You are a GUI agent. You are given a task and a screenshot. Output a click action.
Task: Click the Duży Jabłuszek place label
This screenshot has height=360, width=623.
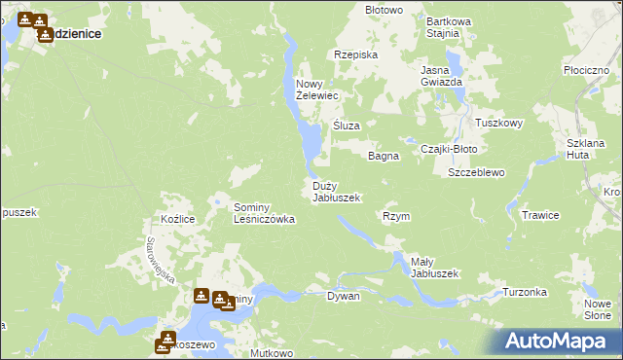click(x=337, y=192)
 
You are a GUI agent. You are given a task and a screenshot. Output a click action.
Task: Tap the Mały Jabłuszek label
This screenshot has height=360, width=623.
click(x=434, y=268)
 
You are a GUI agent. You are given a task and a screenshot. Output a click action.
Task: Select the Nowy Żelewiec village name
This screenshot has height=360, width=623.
click(x=316, y=90)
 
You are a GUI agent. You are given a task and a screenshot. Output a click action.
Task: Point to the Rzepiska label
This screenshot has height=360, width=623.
click(x=355, y=55)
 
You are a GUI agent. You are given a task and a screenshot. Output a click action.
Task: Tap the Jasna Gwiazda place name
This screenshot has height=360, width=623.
click(x=441, y=76)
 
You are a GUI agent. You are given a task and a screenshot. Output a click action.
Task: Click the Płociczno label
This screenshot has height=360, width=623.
click(x=586, y=72)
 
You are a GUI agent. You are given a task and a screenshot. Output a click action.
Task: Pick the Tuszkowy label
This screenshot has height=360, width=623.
click(x=499, y=124)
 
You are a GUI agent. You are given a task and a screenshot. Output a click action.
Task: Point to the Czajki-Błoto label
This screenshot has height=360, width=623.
click(x=448, y=149)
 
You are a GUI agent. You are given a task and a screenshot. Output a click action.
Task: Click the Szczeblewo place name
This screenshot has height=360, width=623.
click(x=475, y=172)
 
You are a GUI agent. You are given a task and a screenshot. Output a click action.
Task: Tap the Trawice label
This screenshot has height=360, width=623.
click(x=539, y=215)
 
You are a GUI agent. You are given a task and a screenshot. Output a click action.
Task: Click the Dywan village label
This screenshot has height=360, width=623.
click(x=344, y=296)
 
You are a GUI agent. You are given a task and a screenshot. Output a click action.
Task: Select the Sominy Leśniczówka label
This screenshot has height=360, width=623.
click(x=264, y=213)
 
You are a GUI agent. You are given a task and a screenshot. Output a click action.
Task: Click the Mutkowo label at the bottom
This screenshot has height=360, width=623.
click(x=272, y=353)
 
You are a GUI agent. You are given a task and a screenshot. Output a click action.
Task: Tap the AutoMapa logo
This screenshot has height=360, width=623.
click(x=555, y=342)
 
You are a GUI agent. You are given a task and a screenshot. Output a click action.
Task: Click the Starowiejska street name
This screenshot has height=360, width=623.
click(x=159, y=261)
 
